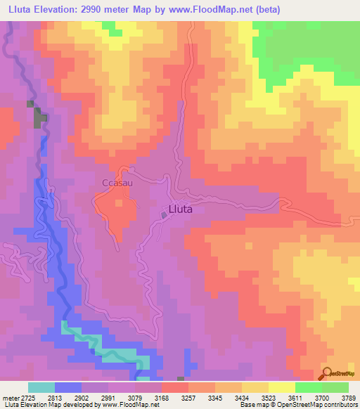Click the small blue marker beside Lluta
point(164,216)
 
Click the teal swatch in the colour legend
point(41,387)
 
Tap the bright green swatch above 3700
point(309,387)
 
